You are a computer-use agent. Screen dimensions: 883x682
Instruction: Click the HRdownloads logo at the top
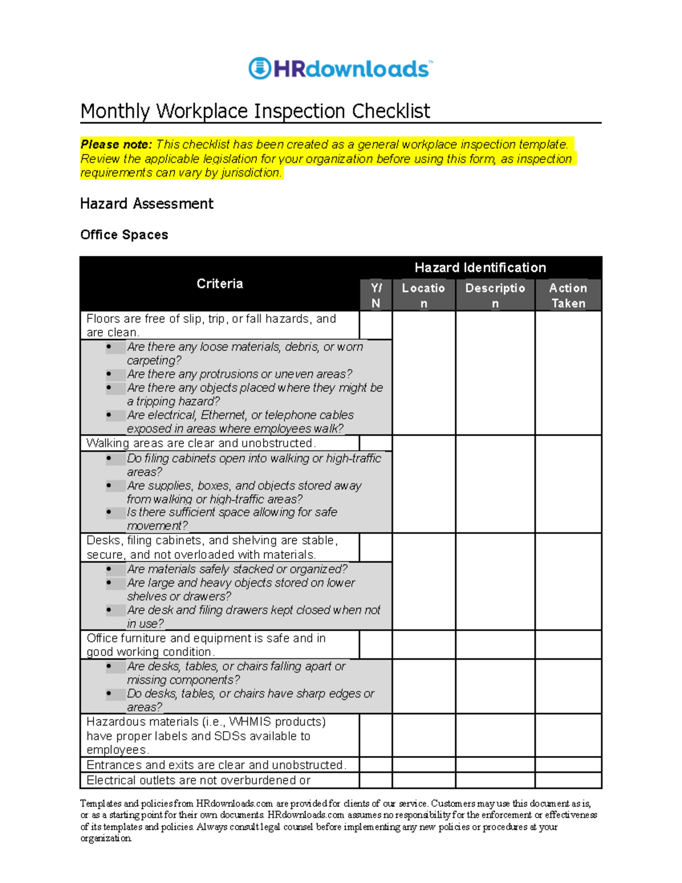pos(340,69)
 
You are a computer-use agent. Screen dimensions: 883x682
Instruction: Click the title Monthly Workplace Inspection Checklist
pos(255,111)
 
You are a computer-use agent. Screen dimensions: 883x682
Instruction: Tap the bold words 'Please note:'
pos(116,144)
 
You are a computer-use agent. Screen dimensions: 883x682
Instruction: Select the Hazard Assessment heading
pos(147,204)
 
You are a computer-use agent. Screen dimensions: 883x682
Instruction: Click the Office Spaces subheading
pos(124,235)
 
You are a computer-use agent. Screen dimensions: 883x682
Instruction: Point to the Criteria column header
pos(219,284)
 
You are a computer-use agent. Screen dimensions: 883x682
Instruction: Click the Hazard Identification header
pos(480,267)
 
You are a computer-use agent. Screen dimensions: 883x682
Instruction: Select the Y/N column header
pos(376,295)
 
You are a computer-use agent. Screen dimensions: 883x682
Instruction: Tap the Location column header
pos(423,295)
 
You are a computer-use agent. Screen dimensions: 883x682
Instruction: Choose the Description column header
pos(495,295)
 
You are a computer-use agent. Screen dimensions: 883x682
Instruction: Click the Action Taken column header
pos(568,295)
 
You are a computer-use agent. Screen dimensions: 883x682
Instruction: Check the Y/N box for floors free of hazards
pos(376,325)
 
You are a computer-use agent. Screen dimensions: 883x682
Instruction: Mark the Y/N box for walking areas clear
pos(376,443)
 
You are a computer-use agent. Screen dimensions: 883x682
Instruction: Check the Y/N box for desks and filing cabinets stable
pos(376,548)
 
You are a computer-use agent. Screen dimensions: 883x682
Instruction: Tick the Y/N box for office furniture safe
pos(376,645)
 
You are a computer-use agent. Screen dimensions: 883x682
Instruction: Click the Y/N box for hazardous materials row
pos(376,735)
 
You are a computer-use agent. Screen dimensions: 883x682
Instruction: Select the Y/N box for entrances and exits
pos(376,765)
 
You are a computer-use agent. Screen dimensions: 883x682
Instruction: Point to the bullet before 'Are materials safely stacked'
pos(109,569)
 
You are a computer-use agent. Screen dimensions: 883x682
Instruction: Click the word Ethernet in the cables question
pos(223,415)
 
